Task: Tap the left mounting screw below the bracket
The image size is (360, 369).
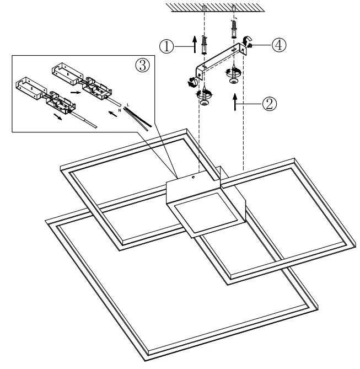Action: coord(205,98)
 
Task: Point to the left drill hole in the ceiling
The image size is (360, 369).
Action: coord(204,9)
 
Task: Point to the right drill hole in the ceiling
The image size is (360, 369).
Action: coord(235,9)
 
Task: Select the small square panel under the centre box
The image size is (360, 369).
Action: coord(199,215)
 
